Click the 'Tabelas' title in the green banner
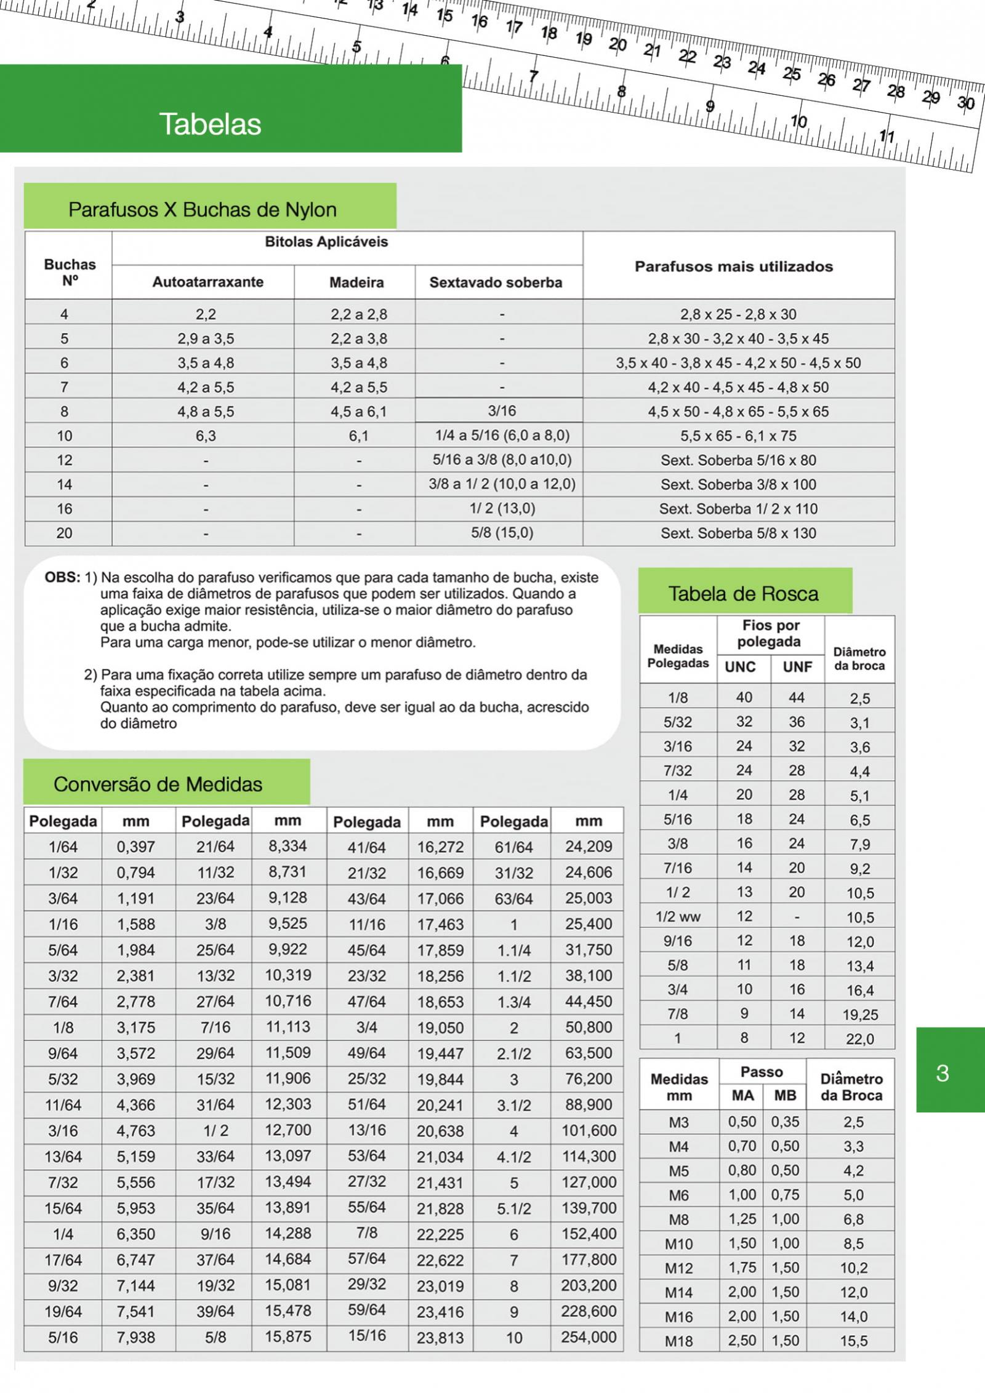pyautogui.click(x=210, y=124)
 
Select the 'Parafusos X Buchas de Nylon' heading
pyautogui.click(x=202, y=210)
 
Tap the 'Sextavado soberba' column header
pyautogui.click(x=496, y=282)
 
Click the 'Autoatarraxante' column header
pyautogui.click(x=207, y=282)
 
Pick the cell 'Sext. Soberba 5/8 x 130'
pyautogui.click(x=738, y=533)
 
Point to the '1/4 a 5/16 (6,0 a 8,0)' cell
pyautogui.click(x=502, y=436)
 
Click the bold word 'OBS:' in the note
pyautogui.click(x=62, y=578)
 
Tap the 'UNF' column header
pyautogui.click(x=797, y=667)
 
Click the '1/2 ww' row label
pyautogui.click(x=678, y=917)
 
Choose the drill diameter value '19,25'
pyautogui.click(x=859, y=1015)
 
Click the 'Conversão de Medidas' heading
pyautogui.click(x=158, y=784)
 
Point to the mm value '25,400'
pyautogui.click(x=589, y=924)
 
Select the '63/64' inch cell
pyautogui.click(x=513, y=898)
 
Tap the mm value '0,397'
pyautogui.click(x=136, y=847)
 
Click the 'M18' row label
pyautogui.click(x=678, y=1341)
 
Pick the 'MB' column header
pyautogui.click(x=785, y=1096)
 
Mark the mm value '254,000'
pyautogui.click(x=588, y=1337)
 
